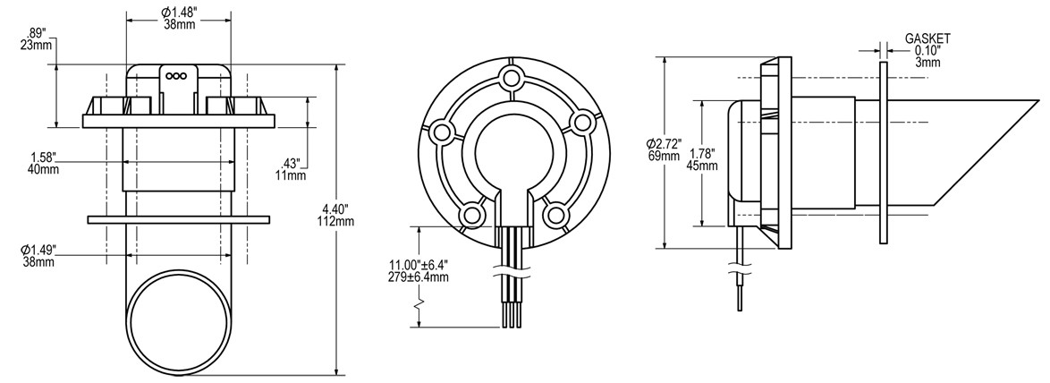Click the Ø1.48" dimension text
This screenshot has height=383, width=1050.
pyautogui.click(x=179, y=11)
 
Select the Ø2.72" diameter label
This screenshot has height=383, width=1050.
pyautogui.click(x=665, y=144)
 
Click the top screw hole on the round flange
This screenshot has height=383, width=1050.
pyautogui.click(x=511, y=78)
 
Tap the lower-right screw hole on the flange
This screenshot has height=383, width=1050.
pyautogui.click(x=555, y=214)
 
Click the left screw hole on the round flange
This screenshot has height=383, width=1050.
pyautogui.click(x=442, y=132)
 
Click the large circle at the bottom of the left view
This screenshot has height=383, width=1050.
pyautogui.click(x=174, y=318)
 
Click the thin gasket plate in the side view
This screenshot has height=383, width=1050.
pyautogui.click(x=884, y=152)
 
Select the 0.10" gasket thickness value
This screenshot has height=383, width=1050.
pyautogui.click(x=927, y=51)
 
